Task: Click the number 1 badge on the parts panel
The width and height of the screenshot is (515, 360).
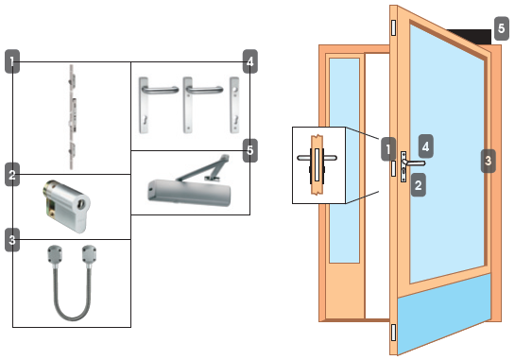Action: pyautogui.click(x=12, y=61)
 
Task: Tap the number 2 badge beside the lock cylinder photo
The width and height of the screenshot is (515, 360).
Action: pyautogui.click(x=12, y=175)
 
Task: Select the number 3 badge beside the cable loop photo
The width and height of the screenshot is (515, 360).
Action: pyautogui.click(x=12, y=240)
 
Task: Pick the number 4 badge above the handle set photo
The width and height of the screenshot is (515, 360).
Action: pyautogui.click(x=250, y=61)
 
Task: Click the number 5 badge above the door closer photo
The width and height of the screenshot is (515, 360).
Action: pyautogui.click(x=250, y=150)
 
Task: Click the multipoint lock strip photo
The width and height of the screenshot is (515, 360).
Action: pyautogui.click(x=72, y=117)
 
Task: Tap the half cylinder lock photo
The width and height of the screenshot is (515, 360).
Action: pyautogui.click(x=67, y=206)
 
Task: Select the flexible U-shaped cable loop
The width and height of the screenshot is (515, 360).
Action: pyautogui.click(x=72, y=283)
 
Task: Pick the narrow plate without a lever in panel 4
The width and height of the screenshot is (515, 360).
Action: pyautogui.click(x=234, y=105)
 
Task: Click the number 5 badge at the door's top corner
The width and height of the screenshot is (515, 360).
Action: pyautogui.click(x=501, y=28)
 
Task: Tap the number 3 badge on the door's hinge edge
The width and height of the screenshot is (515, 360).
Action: pyautogui.click(x=488, y=161)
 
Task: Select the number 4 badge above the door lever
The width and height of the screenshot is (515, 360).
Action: pyautogui.click(x=425, y=146)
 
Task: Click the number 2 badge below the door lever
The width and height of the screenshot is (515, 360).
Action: pyautogui.click(x=418, y=185)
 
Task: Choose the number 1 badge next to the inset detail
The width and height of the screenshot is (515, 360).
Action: pyautogui.click(x=388, y=149)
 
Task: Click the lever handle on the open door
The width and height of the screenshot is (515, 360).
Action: pyautogui.click(x=415, y=163)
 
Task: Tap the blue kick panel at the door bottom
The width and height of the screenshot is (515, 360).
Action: pyautogui.click(x=444, y=314)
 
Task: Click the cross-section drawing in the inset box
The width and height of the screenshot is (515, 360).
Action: pyautogui.click(x=317, y=164)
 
